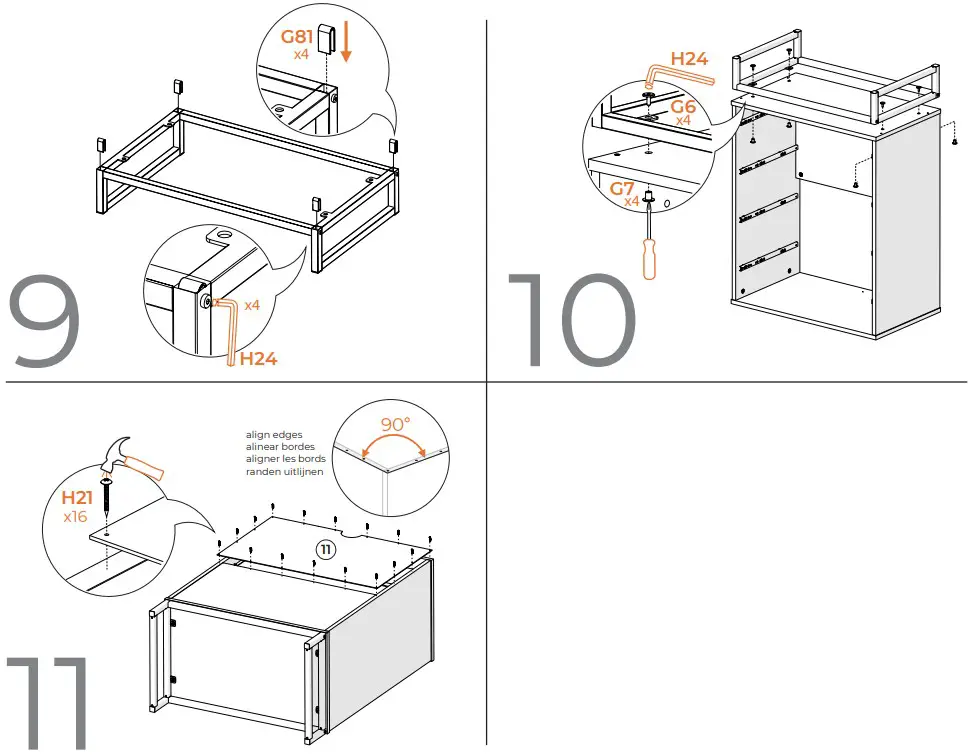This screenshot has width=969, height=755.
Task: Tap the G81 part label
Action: coord(297,37)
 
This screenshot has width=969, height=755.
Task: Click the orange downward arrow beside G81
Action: coord(345,43)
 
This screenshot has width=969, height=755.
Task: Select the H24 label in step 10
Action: coord(689,59)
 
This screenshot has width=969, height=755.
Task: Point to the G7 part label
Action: coord(623,187)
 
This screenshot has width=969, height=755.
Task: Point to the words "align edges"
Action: coord(273,435)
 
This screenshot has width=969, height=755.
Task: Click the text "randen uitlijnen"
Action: coord(285,471)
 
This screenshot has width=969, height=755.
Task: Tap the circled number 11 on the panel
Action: coord(325,549)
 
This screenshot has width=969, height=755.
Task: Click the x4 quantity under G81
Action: coord(301,54)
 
